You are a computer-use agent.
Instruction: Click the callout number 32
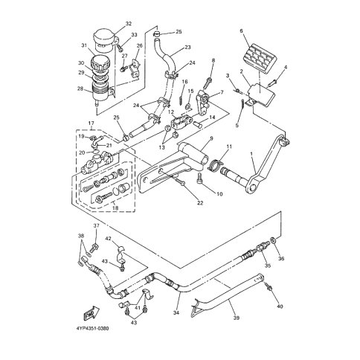[129, 24]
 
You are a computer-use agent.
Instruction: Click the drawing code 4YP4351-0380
[92, 329]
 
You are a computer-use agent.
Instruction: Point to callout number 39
[237, 318]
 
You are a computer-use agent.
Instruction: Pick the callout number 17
[91, 123]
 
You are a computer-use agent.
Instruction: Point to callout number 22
[200, 203]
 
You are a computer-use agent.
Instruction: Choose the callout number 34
[176, 313]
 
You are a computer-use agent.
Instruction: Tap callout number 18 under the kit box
[115, 208]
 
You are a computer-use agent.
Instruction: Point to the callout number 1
[251, 154]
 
